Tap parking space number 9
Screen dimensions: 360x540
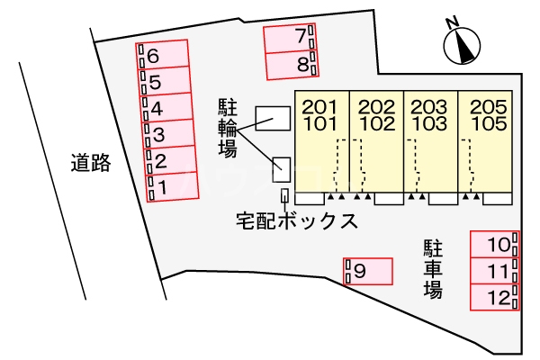(x=368, y=269)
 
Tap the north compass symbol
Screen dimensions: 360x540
(x=463, y=46)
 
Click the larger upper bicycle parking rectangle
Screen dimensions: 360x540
(x=273, y=118)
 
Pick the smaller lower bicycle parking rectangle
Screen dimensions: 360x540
(x=282, y=166)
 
